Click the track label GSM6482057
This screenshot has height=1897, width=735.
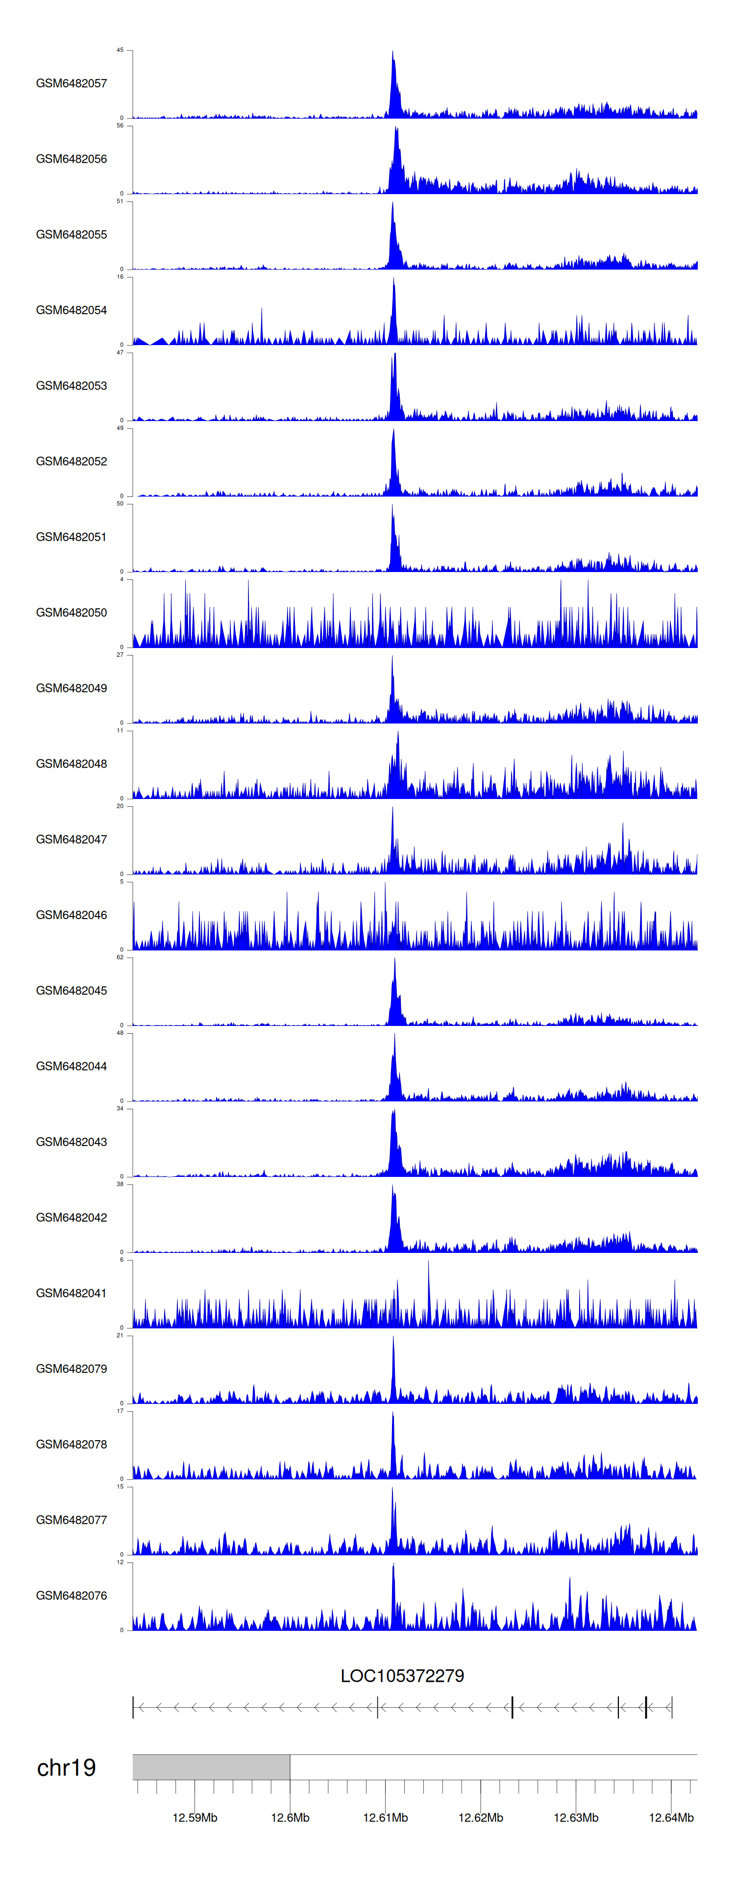[x=72, y=83]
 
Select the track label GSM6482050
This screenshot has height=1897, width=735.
[x=72, y=613]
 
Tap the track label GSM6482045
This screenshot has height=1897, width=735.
[x=72, y=991]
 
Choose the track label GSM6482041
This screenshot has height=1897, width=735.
[x=72, y=1293]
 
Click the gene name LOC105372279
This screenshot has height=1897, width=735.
[x=402, y=1676]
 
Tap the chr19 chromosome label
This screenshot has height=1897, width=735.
[x=66, y=1768]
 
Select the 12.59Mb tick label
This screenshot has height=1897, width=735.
[x=195, y=1818]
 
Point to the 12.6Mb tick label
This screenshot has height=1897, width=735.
[x=290, y=1818]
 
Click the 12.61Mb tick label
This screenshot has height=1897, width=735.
[x=385, y=1818]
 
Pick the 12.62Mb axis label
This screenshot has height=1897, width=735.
[x=481, y=1818]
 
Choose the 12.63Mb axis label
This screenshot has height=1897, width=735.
[x=576, y=1818]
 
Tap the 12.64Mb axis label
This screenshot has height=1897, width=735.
[x=671, y=1818]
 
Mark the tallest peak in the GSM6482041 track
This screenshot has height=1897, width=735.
[x=429, y=1262]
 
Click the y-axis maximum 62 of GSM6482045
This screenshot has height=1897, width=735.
[x=120, y=957]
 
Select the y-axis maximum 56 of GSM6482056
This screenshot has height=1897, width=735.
[x=120, y=126]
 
